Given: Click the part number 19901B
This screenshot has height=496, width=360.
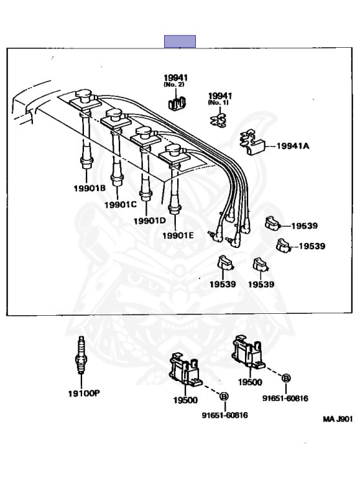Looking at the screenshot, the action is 90,188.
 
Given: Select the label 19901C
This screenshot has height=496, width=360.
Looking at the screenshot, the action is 120,205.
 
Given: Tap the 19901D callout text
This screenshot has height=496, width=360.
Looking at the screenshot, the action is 149,220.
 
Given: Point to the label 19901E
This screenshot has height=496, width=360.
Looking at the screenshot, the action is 178,235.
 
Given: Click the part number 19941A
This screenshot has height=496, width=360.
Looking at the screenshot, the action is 293,146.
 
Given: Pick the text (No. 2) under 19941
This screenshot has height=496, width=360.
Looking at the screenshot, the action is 174,85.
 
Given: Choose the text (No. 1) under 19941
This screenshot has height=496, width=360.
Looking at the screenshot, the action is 218,103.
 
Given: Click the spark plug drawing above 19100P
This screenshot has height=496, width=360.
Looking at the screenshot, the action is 81,355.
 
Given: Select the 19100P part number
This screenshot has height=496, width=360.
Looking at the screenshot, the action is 84,393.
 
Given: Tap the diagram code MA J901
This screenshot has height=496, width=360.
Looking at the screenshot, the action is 337,419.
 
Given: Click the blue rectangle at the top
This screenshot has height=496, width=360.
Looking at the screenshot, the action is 180,41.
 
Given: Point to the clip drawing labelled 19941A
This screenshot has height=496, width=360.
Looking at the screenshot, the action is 252,143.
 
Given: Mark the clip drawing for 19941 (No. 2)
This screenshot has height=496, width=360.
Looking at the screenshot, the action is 176,103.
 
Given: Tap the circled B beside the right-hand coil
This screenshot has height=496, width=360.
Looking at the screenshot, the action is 286,378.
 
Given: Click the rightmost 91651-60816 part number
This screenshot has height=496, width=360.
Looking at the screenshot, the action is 285,398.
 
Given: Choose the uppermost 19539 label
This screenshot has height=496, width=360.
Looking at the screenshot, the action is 304,226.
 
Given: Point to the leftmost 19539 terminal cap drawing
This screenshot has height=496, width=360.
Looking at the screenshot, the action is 225,263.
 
